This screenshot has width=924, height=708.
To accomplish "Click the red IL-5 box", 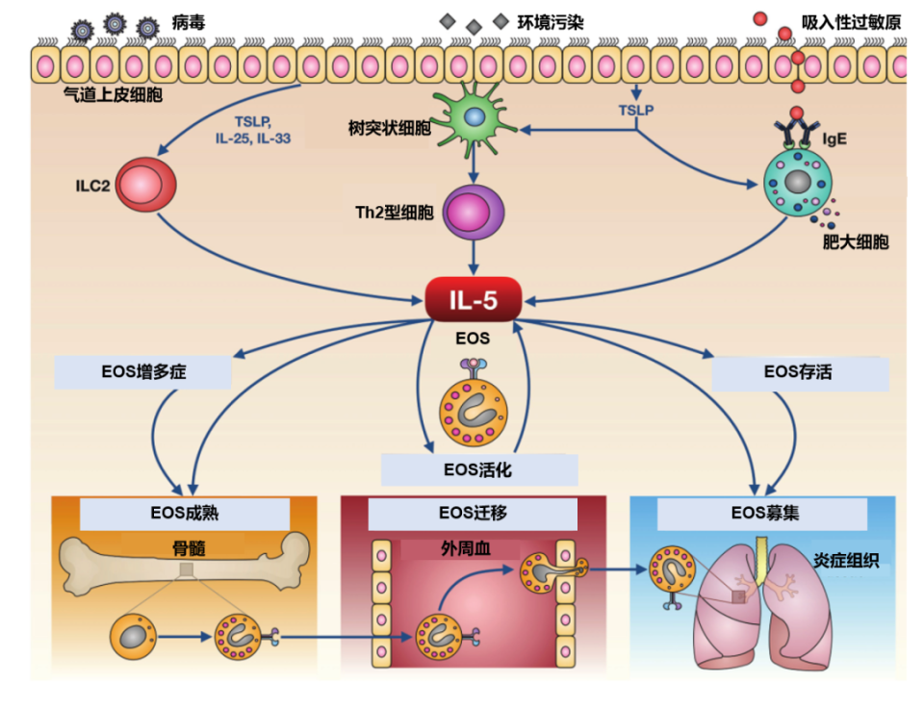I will coord(474,300).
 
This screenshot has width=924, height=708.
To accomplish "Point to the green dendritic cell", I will coord(474,118).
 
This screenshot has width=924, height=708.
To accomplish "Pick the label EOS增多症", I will coord(145,372).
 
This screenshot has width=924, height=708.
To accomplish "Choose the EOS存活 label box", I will coord(800,372).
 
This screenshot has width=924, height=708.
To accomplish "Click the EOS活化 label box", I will coord(478,469).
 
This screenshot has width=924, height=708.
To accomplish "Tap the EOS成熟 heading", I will coord(184,513).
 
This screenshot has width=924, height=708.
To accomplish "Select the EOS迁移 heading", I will coord(473,513).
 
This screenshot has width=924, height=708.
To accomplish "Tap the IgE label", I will coord(834,139).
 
